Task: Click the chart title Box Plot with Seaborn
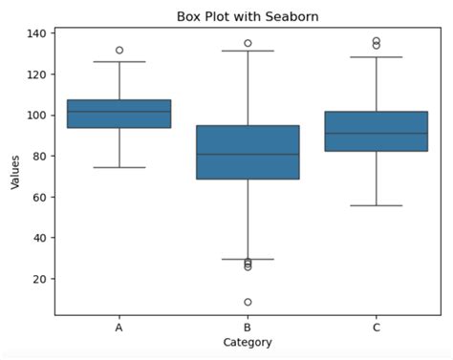[x=248, y=16]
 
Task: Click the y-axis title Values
[x=15, y=172]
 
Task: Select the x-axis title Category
[x=248, y=343]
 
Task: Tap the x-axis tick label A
[x=119, y=328]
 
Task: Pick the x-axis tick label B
[x=248, y=328]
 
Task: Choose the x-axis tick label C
[x=377, y=328]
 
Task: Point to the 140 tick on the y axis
[x=37, y=33]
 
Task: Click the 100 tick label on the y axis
[x=37, y=116]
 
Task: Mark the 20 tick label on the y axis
[x=40, y=279]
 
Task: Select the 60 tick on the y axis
[x=40, y=197]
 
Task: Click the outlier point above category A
[x=119, y=50]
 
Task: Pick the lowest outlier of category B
[x=248, y=302]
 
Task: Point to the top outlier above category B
[x=248, y=43]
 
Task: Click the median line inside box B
[x=248, y=154]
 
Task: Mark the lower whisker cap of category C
[x=377, y=205]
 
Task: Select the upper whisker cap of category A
[x=119, y=62]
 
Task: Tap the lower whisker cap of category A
[x=119, y=167]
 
